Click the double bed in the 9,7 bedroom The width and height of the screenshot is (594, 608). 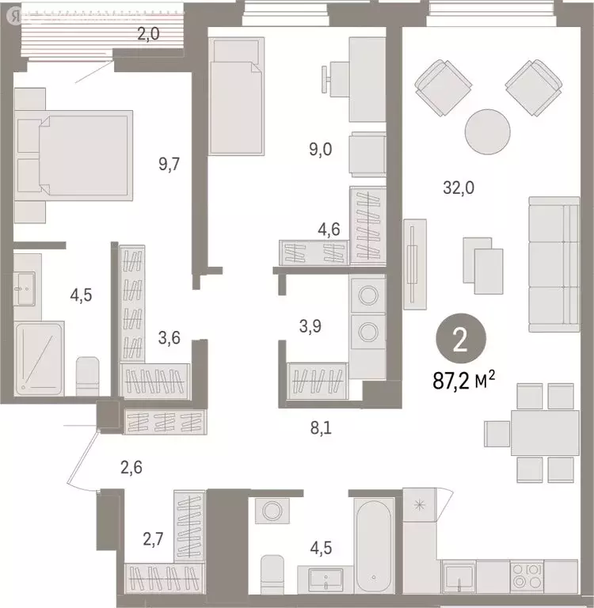tap(82, 154)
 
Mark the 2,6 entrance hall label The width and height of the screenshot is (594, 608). tap(131, 466)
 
